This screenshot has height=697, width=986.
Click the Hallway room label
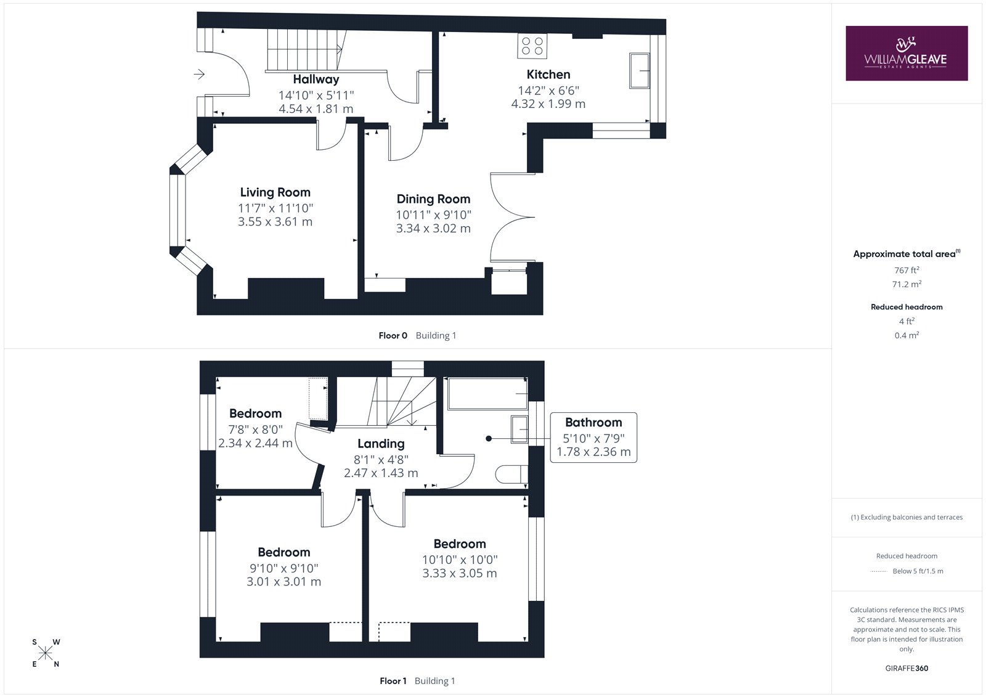click(316, 79)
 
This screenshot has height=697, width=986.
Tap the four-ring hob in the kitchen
click(532, 46)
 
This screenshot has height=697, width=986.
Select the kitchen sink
click(640, 71)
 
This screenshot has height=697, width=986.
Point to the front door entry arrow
click(199, 74)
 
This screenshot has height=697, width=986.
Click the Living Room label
click(275, 192)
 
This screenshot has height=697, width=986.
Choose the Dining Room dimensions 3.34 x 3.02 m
click(433, 229)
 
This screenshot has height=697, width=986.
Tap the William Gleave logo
click(907, 53)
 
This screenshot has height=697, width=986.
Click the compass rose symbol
click(46, 653)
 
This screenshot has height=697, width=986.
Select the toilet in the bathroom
click(511, 474)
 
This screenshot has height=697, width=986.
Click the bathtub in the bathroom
click(487, 394)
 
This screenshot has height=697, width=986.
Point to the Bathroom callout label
click(593, 423)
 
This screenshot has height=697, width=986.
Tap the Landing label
click(381, 444)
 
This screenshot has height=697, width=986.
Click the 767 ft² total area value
click(907, 270)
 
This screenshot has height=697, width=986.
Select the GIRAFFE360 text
click(907, 669)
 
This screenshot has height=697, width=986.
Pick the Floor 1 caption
click(393, 681)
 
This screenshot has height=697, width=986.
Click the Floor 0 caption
click(393, 335)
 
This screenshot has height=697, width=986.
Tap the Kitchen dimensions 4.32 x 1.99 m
click(548, 104)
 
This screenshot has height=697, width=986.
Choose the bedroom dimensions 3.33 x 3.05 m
click(460, 573)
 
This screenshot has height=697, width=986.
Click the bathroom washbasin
click(519, 430)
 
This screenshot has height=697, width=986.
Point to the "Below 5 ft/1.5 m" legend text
click(918, 571)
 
